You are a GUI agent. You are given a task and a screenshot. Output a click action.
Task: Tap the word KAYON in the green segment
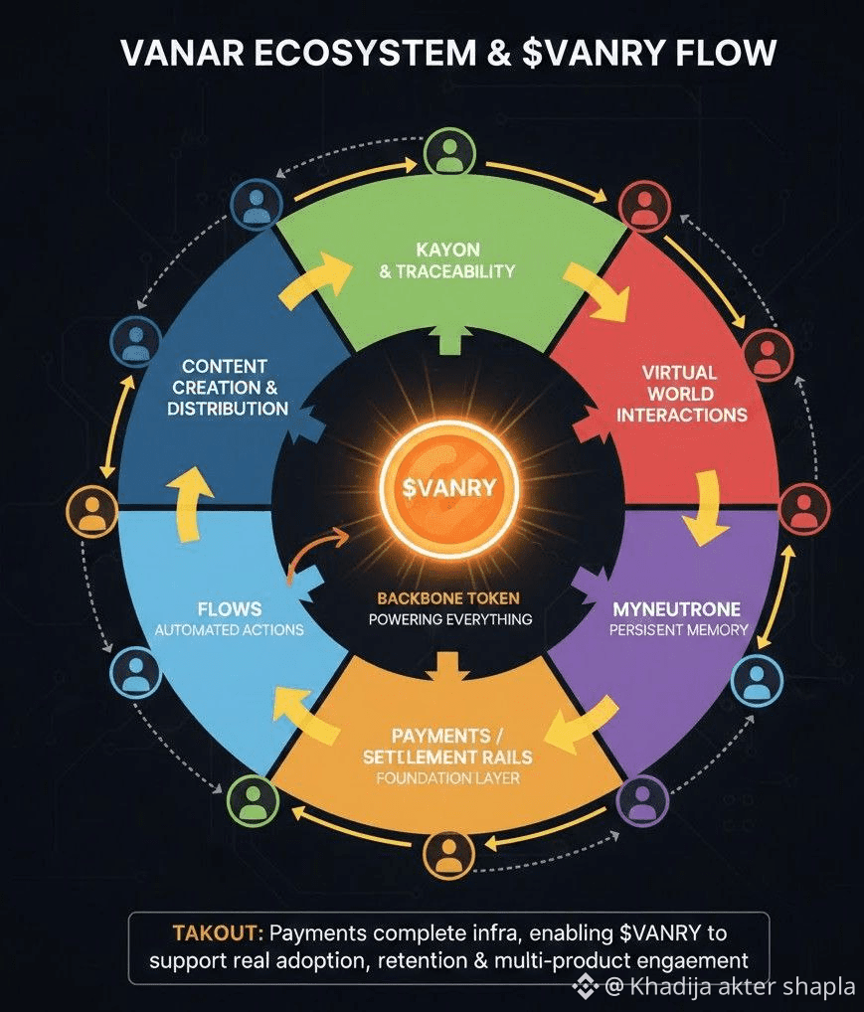click(449, 249)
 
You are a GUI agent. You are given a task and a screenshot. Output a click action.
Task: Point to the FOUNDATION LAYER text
click(447, 778)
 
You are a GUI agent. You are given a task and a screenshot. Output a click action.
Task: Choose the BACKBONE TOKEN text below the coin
click(448, 598)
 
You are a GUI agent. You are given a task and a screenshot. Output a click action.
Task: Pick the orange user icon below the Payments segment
click(448, 853)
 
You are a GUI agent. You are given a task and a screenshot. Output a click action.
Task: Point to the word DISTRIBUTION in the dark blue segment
click(228, 409)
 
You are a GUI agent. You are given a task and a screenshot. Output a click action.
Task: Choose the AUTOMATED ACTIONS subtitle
click(230, 630)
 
